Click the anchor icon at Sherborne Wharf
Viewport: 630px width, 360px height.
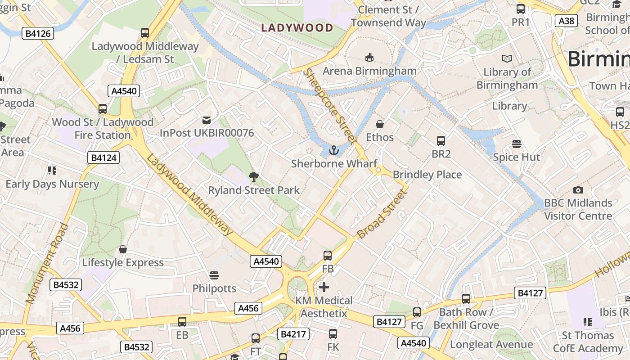click(x=334, y=150)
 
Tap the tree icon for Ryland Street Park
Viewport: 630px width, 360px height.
click(x=254, y=177)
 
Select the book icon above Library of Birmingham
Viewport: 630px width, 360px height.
click(x=507, y=58)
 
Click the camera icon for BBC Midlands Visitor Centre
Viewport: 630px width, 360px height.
click(x=578, y=190)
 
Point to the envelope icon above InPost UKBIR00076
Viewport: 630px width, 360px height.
click(x=207, y=120)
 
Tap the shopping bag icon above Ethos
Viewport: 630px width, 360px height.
click(x=380, y=124)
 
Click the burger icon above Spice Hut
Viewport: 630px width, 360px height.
click(x=516, y=144)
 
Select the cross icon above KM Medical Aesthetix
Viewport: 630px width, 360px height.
click(x=324, y=287)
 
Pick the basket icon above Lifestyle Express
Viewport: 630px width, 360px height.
click(x=123, y=249)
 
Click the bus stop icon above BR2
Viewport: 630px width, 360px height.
click(x=441, y=141)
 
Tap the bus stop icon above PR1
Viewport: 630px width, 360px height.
click(x=521, y=9)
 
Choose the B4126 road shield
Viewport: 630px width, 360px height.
click(x=38, y=33)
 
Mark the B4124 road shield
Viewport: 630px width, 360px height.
click(x=103, y=157)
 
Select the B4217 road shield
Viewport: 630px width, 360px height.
click(x=293, y=334)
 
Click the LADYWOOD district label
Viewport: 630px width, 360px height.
click(x=297, y=28)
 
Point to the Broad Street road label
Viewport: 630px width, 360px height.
click(x=382, y=214)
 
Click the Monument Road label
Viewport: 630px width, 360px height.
click(x=47, y=263)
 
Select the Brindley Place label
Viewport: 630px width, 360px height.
click(x=427, y=175)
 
